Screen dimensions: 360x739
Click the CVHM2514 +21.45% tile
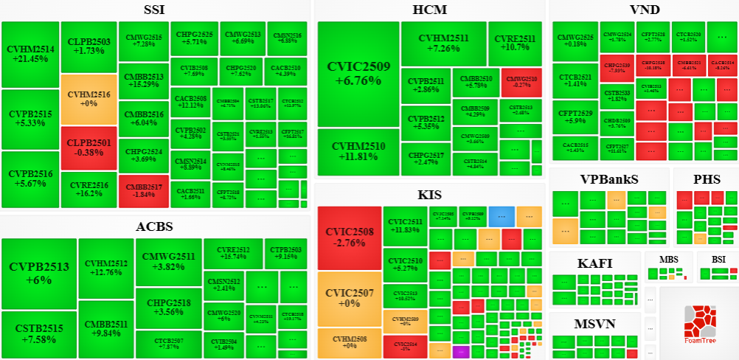[x=30, y=55]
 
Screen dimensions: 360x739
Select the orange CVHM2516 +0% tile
[x=89, y=99]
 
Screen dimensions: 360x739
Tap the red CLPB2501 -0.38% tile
[x=89, y=148]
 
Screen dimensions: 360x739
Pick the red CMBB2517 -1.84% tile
[x=143, y=190]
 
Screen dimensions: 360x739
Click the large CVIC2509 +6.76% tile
[x=358, y=74]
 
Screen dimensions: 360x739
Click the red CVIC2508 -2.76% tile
[x=350, y=238]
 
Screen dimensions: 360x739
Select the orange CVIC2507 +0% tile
[x=350, y=298]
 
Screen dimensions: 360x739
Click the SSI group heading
[x=154, y=10]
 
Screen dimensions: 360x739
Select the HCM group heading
[x=430, y=10]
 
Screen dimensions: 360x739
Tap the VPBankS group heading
[x=609, y=179]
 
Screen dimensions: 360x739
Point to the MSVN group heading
[x=594, y=324]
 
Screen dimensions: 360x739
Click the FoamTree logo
[x=698, y=325]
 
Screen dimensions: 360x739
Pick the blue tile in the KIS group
[x=502, y=216]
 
